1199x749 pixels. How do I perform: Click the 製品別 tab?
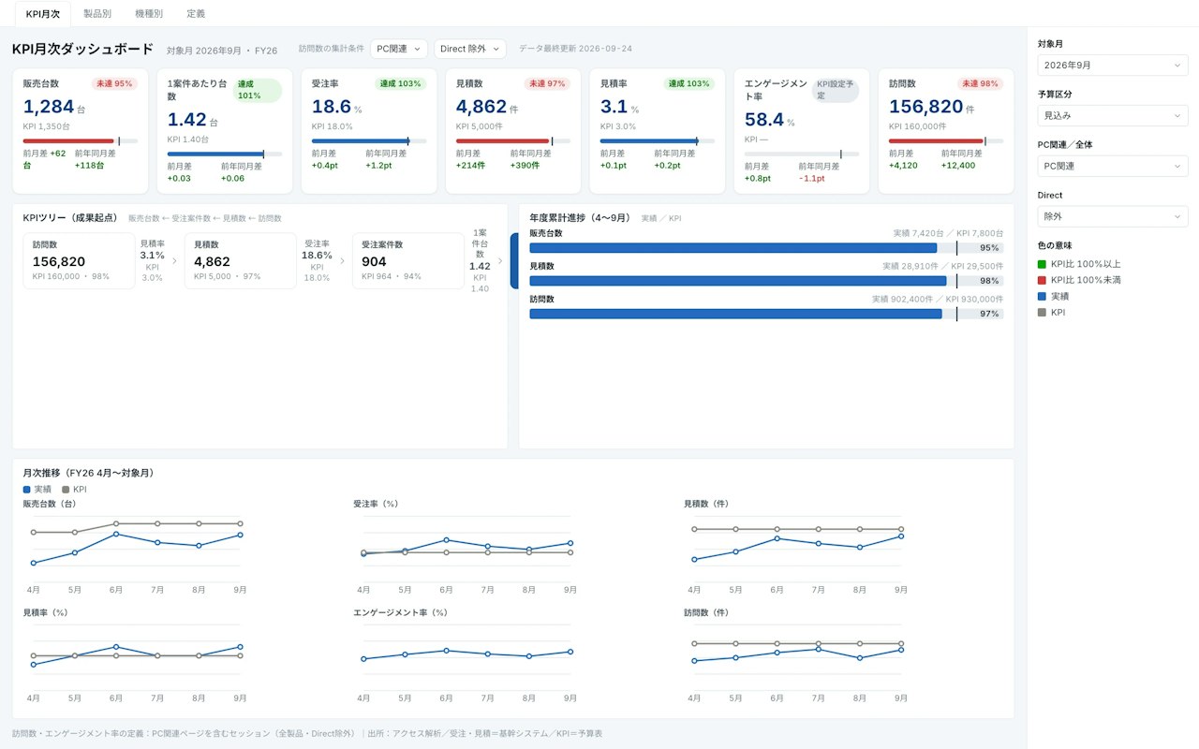tap(96, 13)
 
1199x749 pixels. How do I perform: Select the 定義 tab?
tap(196, 13)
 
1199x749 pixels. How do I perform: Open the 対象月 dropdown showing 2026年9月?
tap(1112, 66)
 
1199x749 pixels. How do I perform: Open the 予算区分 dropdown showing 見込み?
tap(1112, 115)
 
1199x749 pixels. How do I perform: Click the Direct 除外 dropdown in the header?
tap(469, 49)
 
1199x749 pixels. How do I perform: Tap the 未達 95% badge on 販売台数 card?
tap(114, 83)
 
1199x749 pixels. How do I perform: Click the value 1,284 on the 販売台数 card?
tap(48, 107)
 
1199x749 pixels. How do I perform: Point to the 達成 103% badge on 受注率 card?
tap(400, 83)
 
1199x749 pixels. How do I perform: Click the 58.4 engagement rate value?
tap(763, 119)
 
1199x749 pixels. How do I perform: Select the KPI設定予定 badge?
tap(835, 90)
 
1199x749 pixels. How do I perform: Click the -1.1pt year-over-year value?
tap(811, 178)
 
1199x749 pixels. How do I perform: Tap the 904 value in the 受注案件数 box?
tap(374, 261)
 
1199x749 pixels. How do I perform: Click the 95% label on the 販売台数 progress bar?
tap(988, 248)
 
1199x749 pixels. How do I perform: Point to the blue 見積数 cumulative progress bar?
tap(737, 281)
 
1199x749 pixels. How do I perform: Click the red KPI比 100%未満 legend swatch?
tap(1042, 280)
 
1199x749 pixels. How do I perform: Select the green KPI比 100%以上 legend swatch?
tap(1042, 264)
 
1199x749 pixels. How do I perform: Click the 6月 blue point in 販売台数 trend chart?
tap(116, 534)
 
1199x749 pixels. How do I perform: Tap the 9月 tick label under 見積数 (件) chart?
tap(901, 590)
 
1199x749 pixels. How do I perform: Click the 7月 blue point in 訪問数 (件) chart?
tap(819, 650)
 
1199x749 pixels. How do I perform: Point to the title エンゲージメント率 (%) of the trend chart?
tap(400, 612)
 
